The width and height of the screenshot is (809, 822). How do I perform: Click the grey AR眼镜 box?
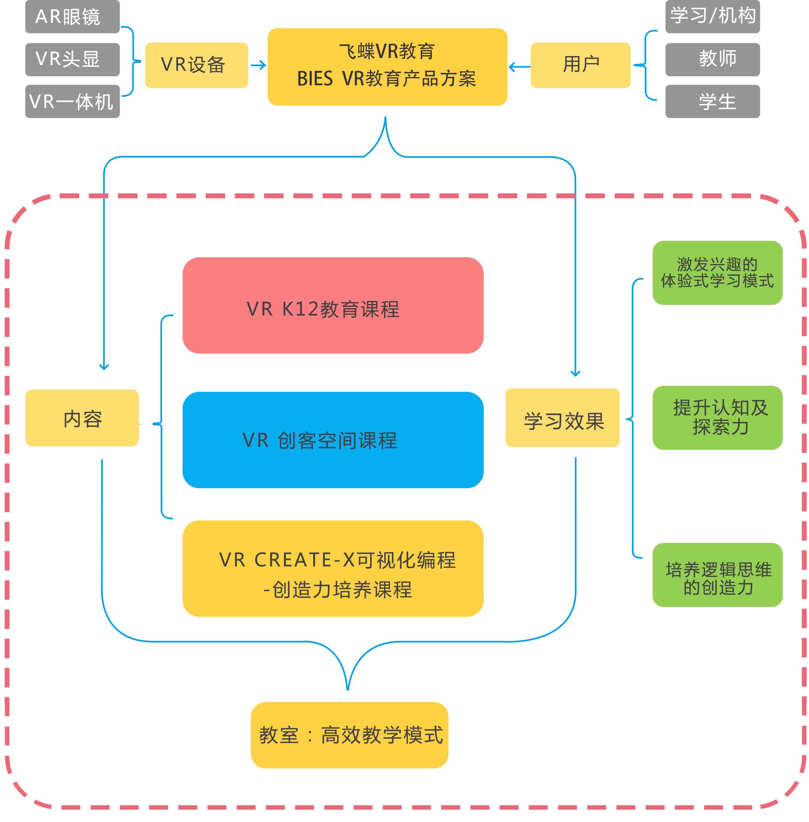pyautogui.click(x=72, y=17)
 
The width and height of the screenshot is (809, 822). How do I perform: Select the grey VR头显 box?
pyautogui.click(x=72, y=60)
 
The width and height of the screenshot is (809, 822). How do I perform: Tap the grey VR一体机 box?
pyautogui.click(x=72, y=102)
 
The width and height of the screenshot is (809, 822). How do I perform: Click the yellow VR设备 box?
pyautogui.click(x=196, y=65)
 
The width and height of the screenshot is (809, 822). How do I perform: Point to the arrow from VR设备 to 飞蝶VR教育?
pyautogui.click(x=258, y=65)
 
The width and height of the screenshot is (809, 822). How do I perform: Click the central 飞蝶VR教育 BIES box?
pyautogui.click(x=387, y=67)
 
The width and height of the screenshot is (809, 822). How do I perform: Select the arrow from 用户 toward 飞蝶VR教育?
pyautogui.click(x=519, y=67)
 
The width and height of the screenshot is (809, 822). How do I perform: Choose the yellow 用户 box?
pyautogui.click(x=580, y=65)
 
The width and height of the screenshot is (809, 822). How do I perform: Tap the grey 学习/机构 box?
pyautogui.click(x=712, y=17)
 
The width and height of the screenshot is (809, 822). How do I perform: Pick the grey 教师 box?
pyautogui.click(x=712, y=60)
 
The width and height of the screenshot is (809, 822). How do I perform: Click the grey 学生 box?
pyautogui.click(x=712, y=102)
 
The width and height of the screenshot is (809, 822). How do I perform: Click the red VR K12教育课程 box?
pyautogui.click(x=333, y=305)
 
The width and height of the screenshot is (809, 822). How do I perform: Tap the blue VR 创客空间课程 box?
pyautogui.click(x=333, y=440)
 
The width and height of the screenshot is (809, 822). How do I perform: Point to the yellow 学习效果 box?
pyautogui.click(x=562, y=417)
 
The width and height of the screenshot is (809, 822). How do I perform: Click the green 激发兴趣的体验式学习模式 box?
pyautogui.click(x=717, y=273)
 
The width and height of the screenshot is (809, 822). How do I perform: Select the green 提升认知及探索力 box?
pyautogui.click(x=717, y=417)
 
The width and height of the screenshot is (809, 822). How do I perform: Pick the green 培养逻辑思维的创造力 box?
pyautogui.click(x=717, y=575)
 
